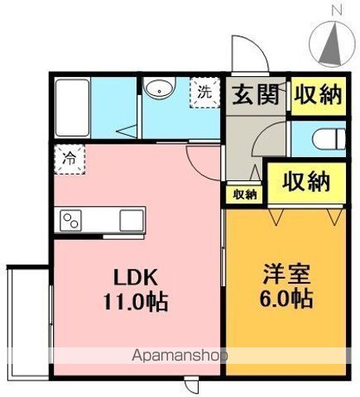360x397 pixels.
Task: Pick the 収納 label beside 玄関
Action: pos(318,94)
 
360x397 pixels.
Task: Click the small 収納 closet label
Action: pos(244,194)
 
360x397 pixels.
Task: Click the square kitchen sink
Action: pos(132,221)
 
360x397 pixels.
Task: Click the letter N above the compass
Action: pos(336,10)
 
